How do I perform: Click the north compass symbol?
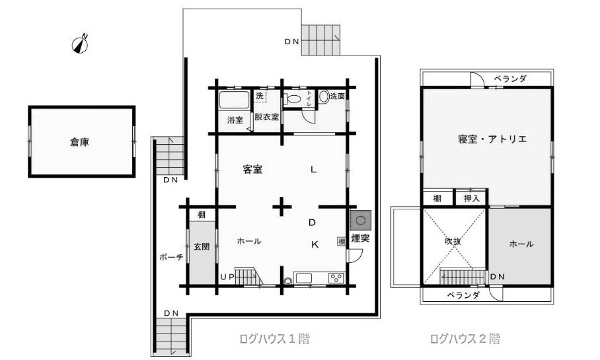[81, 44]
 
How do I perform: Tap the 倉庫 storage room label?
[79, 142]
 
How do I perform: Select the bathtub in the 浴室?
[234, 100]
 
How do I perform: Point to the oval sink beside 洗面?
[324, 96]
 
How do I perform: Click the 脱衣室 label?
[267, 117]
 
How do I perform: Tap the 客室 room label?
[252, 169]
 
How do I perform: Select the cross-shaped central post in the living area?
[282, 207]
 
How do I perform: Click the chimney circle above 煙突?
[360, 221]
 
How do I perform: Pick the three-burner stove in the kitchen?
[336, 277]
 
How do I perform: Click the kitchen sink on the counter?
[303, 277]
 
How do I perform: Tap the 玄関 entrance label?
[202, 247]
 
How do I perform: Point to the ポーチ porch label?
[171, 257]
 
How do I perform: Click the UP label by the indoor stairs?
[227, 277]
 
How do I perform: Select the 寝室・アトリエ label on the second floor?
[492, 139]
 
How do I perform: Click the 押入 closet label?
[471, 199]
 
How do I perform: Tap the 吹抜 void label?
[453, 241]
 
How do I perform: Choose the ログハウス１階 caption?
[274, 339]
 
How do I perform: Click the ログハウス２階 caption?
[465, 339]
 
